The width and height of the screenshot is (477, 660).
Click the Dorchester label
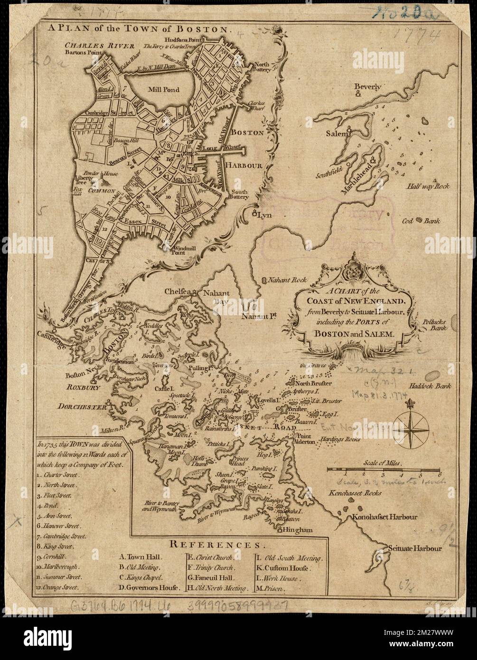coord(81,406)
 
